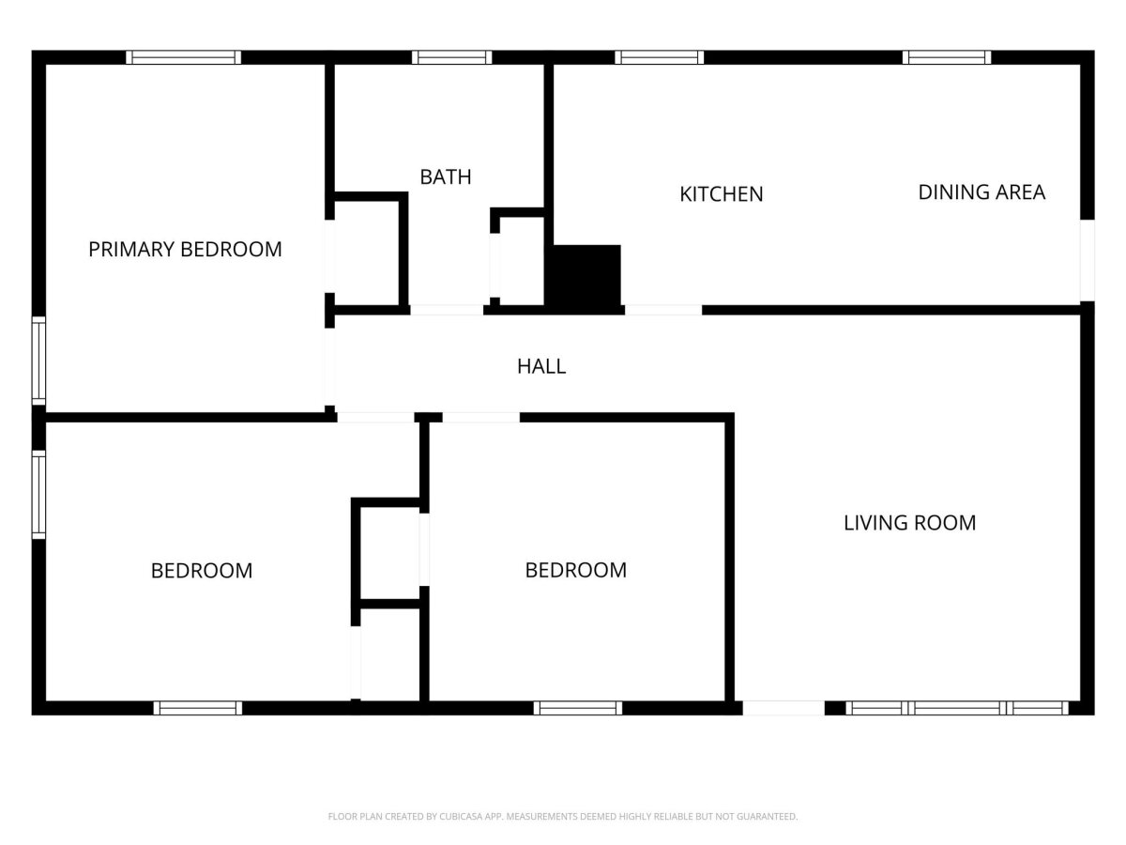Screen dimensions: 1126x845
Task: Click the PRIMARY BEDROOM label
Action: point(185,250)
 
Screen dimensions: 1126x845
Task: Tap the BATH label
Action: point(446,177)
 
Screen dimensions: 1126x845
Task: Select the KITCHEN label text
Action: point(722,194)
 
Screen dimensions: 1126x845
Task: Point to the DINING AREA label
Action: point(981,192)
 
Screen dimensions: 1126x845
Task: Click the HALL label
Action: point(541,366)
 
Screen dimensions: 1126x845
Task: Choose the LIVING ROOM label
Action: point(909,523)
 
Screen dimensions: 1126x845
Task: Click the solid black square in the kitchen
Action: point(586,278)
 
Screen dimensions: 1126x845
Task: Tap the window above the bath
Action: point(451,57)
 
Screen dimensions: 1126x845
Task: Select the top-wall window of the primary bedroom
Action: point(183,57)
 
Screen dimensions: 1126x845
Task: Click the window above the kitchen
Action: point(660,57)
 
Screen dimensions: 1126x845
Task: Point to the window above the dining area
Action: point(947,57)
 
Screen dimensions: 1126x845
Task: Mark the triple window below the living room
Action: point(957,708)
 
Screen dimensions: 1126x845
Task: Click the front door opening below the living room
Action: point(784,708)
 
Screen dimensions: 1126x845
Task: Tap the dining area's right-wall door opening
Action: point(1087,260)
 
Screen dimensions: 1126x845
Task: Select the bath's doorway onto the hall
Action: point(447,310)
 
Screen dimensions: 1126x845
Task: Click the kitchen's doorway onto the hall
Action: point(663,310)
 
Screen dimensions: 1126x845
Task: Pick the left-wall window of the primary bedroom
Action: point(39,361)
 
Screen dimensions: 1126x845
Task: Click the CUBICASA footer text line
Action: point(563,816)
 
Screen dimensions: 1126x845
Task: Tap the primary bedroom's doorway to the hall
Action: point(330,367)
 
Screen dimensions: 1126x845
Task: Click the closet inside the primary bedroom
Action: point(367,253)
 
